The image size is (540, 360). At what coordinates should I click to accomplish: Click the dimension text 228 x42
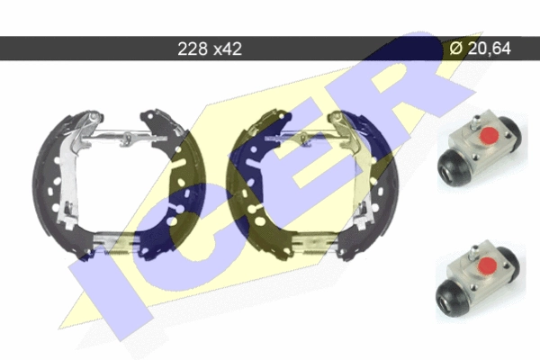(x=210, y=49)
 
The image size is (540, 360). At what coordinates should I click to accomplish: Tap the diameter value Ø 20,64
(x=480, y=48)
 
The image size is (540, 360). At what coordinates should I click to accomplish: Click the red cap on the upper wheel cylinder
(x=490, y=135)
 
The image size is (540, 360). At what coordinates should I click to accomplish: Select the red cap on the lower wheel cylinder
(x=488, y=265)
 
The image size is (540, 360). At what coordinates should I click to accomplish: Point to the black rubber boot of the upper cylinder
(x=454, y=168)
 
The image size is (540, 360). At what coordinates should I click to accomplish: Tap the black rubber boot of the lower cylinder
(x=452, y=296)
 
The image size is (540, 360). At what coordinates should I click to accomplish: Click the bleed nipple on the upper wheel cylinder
(x=475, y=123)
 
